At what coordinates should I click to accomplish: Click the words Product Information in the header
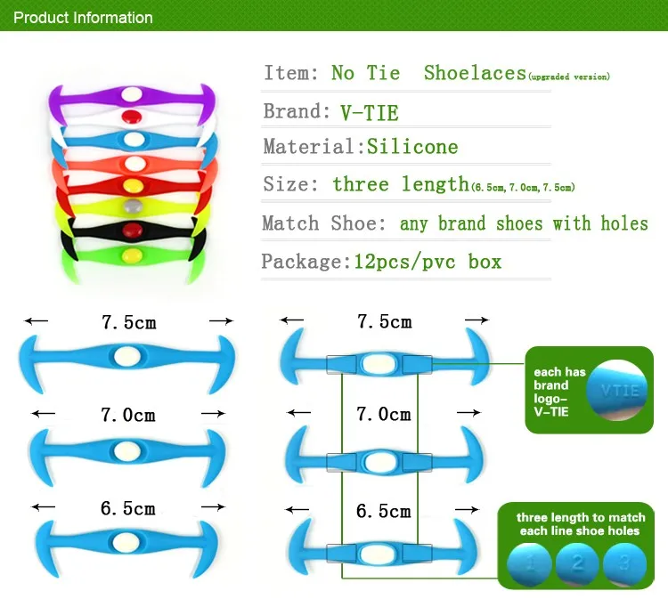[x=84, y=17]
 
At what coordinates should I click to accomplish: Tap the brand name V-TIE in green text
[x=369, y=112]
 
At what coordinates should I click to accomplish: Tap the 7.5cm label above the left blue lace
[x=128, y=322]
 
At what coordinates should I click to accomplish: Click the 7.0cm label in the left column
[x=128, y=415]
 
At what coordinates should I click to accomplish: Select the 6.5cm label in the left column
[x=128, y=508]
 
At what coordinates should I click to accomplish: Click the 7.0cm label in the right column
[x=384, y=414]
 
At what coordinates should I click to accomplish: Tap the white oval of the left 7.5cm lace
[x=126, y=356]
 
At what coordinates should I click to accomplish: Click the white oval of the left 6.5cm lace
[x=127, y=540]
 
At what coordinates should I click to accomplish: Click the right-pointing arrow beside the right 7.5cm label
[x=477, y=320]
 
